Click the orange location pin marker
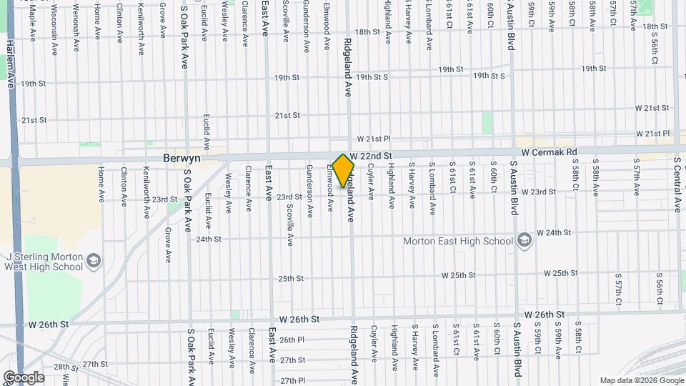[x=344, y=170]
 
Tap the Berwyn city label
[x=182, y=157]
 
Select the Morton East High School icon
[x=525, y=239]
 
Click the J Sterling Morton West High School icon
[x=94, y=262]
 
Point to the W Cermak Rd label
[x=548, y=152]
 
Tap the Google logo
[x=23, y=377]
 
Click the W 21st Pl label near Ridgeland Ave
[x=374, y=139]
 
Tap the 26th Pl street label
[x=292, y=340]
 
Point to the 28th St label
[x=65, y=367]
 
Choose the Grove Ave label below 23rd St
[x=167, y=245]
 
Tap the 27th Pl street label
[x=292, y=380]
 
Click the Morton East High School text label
[x=458, y=241]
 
